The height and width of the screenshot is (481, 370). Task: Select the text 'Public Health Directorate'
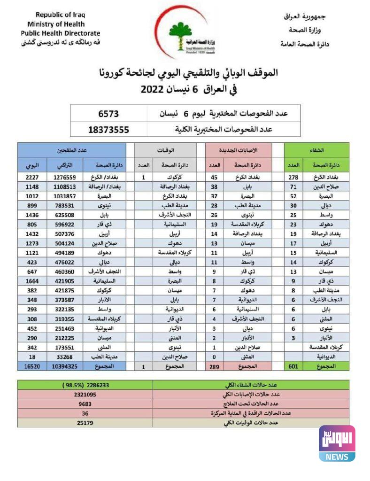[60, 33]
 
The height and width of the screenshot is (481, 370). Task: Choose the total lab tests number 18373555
[108, 129]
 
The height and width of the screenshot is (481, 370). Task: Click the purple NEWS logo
[337, 444]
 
